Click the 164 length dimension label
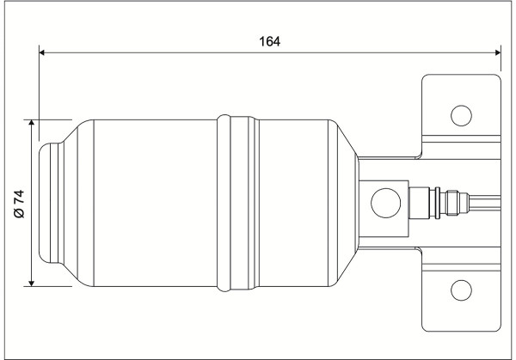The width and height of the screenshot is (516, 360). [269, 42]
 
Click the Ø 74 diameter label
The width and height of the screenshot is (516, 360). [20, 204]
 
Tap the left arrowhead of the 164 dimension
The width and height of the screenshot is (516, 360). [42, 52]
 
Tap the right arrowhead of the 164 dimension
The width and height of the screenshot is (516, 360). [498, 52]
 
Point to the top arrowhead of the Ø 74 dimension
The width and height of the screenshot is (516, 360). [32, 123]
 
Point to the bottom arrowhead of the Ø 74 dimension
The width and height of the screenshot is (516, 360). [32, 283]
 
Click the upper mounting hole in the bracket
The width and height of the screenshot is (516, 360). [461, 116]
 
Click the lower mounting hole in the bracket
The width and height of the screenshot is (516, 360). [461, 290]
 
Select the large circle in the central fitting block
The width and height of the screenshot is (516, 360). [385, 203]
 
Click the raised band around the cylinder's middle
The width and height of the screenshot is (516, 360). [238, 203]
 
